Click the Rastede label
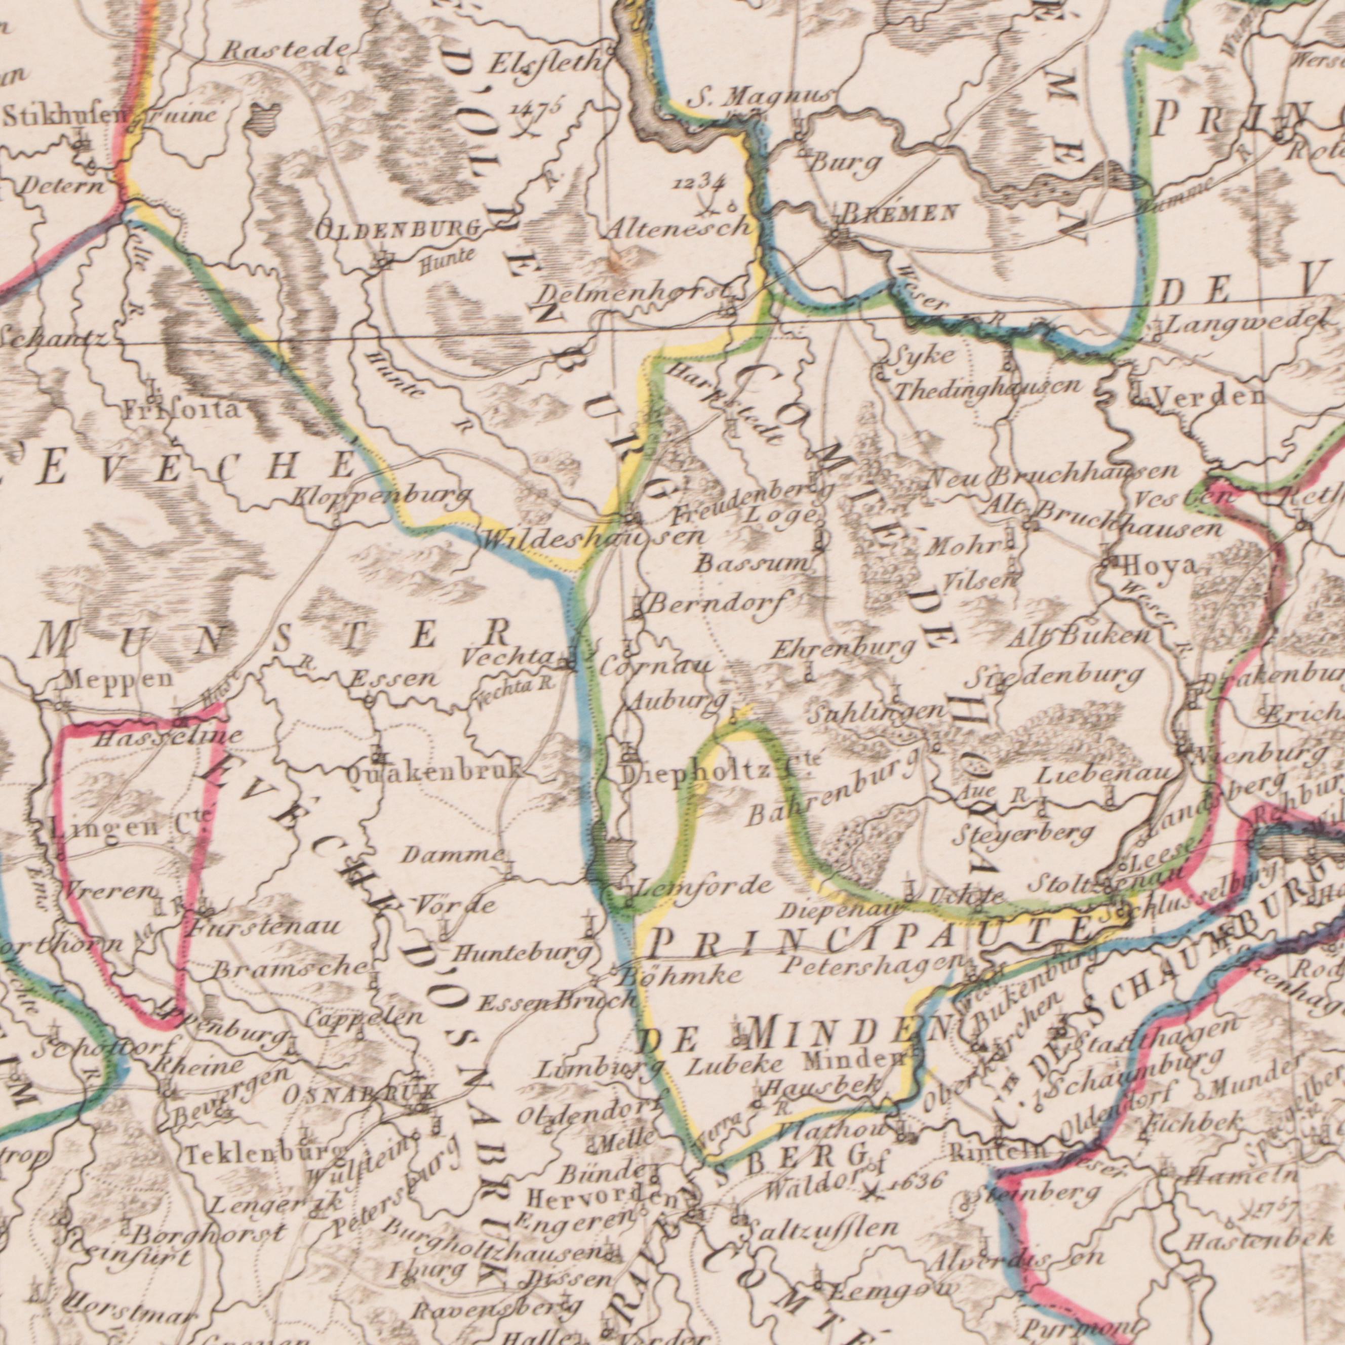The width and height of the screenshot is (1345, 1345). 286,51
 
